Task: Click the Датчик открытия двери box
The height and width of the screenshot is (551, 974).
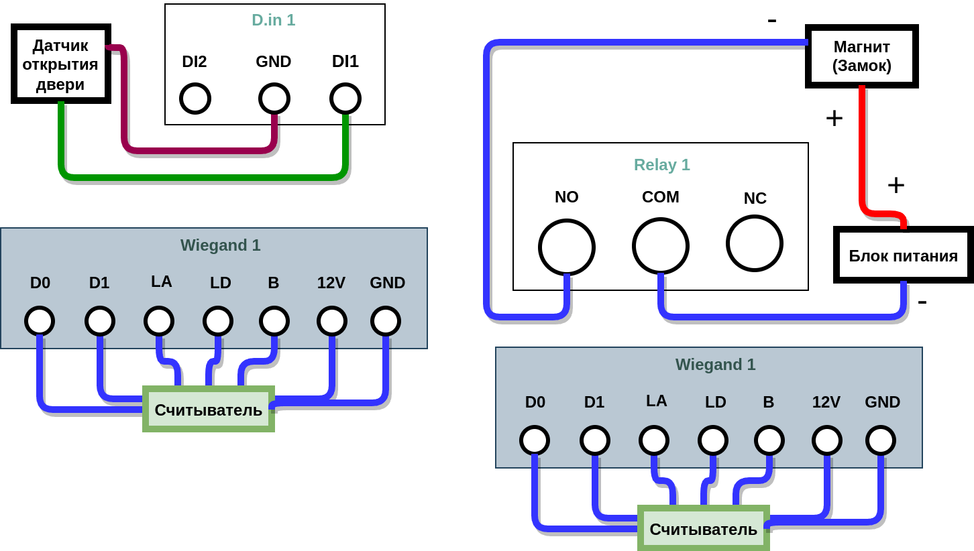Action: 60,64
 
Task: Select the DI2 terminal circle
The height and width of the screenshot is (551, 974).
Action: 195,99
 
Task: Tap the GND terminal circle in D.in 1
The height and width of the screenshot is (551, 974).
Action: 274,99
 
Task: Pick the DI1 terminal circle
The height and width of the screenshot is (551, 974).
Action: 345,99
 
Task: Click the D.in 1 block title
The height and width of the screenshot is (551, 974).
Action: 274,20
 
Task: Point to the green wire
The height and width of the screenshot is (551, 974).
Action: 201,178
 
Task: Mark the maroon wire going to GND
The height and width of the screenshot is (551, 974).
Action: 201,150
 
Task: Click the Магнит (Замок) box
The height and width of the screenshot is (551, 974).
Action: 862,56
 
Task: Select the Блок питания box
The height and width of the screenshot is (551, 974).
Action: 903,255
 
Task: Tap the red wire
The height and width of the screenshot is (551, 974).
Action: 862,154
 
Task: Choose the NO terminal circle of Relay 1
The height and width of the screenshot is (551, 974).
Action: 567,247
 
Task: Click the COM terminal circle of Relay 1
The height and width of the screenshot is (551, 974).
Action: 661,245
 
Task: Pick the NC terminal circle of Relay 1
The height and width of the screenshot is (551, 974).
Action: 755,243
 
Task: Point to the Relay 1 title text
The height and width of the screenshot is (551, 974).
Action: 661,165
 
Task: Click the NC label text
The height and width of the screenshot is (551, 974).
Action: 755,198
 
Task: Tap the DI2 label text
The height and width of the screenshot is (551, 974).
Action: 195,62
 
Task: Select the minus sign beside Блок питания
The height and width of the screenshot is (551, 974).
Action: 922,302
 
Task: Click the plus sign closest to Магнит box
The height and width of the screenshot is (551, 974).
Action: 834,119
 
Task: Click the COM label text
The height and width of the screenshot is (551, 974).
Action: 661,197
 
